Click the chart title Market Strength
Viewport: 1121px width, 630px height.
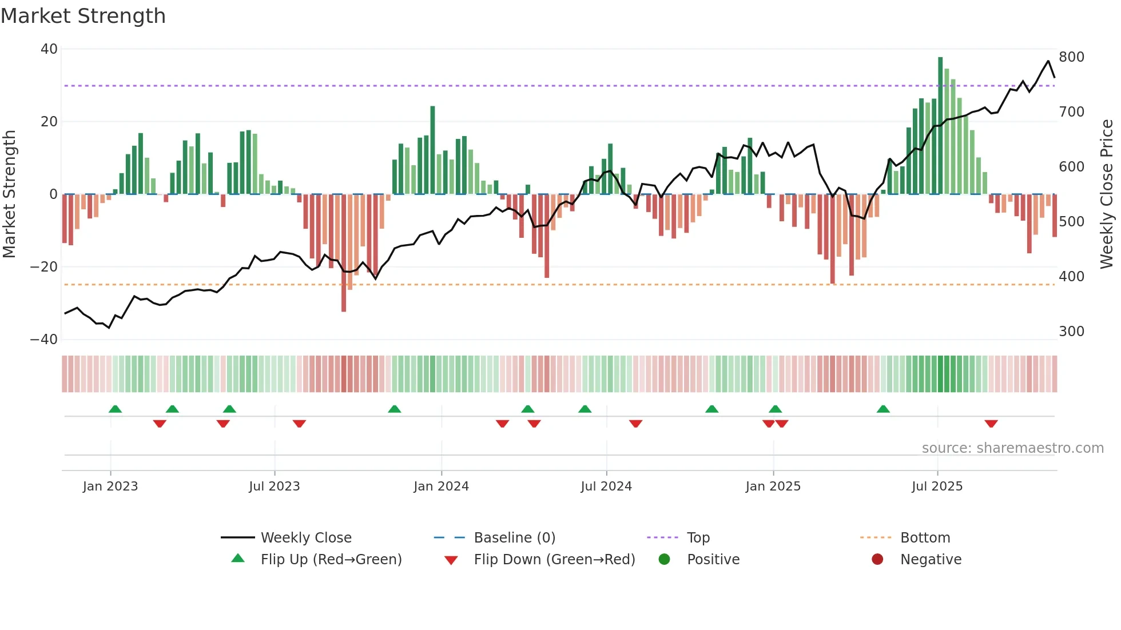pos(83,16)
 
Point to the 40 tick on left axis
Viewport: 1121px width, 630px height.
pos(49,49)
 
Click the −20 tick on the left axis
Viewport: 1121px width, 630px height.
pos(44,267)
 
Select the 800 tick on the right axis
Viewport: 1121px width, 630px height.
pos(1071,57)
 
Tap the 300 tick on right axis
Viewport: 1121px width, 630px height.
pos(1071,332)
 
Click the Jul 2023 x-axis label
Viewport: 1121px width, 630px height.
pos(274,487)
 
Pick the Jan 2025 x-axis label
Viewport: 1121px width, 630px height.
pos(773,487)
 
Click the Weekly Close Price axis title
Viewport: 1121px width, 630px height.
pos(1107,194)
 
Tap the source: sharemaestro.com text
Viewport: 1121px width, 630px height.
pos(1012,448)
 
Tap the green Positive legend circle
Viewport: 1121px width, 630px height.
pos(664,559)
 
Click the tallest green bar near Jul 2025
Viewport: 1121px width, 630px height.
pos(940,126)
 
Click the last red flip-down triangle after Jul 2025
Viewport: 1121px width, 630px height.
pos(991,424)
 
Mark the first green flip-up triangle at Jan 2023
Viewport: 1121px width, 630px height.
pos(115,409)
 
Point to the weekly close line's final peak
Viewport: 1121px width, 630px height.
pos(1048,61)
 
